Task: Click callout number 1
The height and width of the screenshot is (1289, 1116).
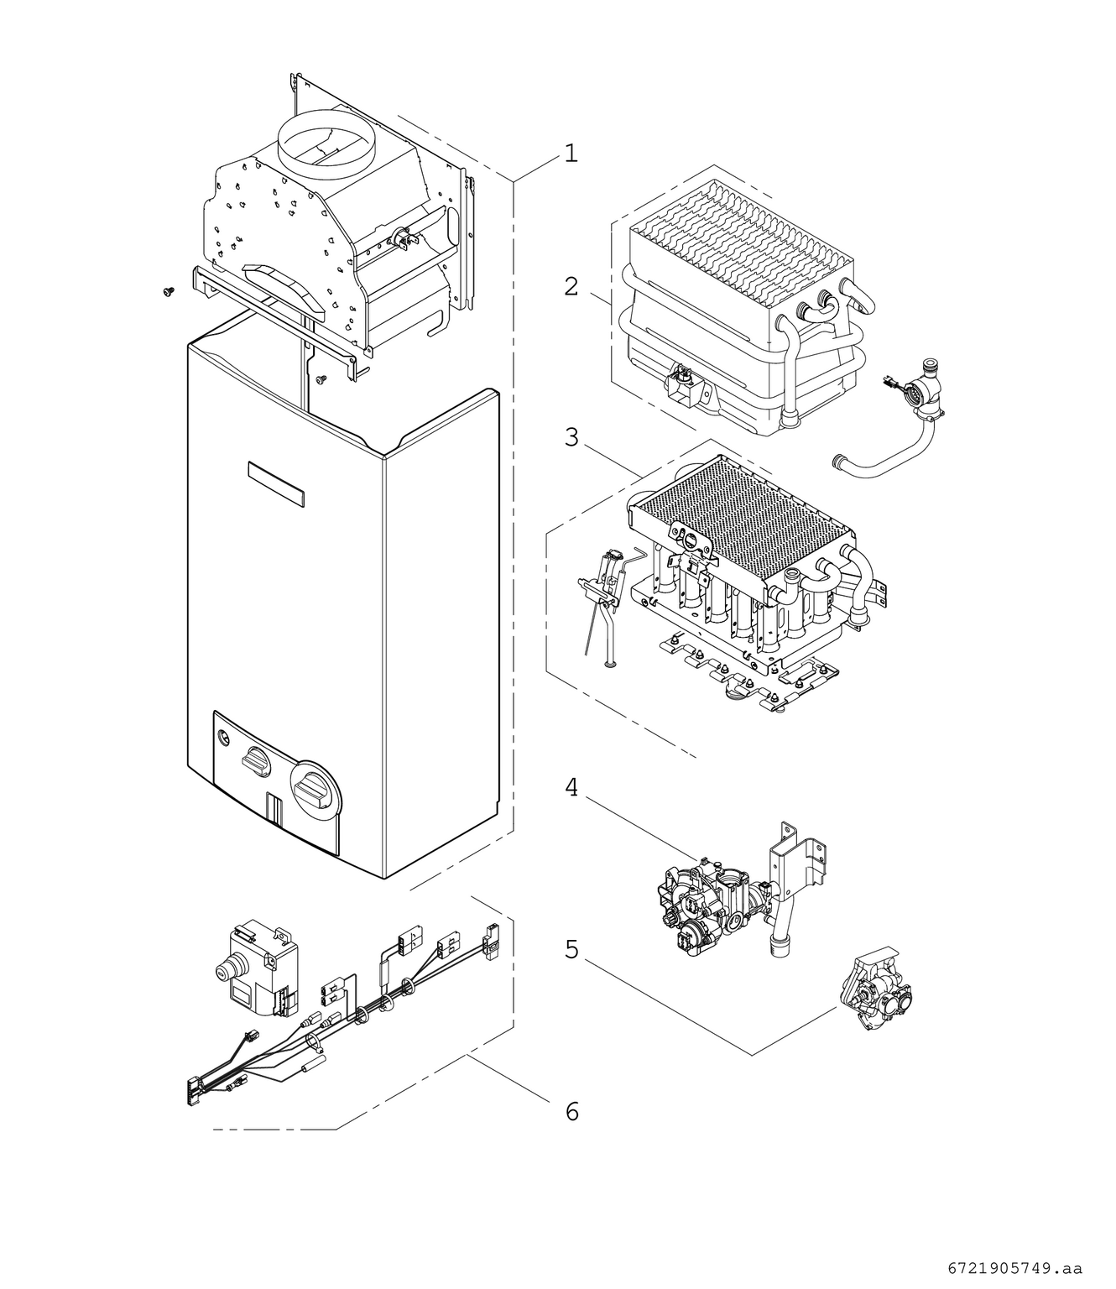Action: (x=571, y=154)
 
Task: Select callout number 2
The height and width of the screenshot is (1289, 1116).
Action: (x=571, y=287)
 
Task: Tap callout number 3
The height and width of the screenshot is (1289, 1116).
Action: (x=571, y=438)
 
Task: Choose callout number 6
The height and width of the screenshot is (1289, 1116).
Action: (x=571, y=1112)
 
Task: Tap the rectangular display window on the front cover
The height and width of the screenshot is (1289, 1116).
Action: (x=275, y=483)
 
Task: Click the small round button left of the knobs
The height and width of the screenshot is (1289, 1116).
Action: (x=222, y=738)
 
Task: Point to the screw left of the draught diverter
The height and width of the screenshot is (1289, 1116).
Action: (x=168, y=290)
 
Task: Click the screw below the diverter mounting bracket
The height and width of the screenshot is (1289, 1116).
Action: (x=321, y=379)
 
